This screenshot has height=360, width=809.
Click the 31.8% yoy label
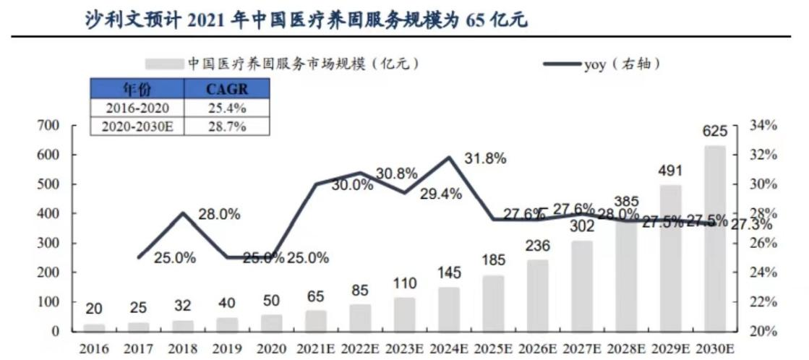point(485,159)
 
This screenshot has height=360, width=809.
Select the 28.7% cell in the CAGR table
point(227,126)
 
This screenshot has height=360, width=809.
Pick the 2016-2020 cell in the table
point(137,108)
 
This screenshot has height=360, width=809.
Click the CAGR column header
point(227,89)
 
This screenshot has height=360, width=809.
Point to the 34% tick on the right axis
point(762,125)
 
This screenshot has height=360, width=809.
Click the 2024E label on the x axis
point(448,349)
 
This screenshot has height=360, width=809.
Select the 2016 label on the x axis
point(94,349)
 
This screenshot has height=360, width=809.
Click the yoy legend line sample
point(562,64)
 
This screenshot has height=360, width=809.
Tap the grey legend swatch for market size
point(164,64)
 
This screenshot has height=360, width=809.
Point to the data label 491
point(671,171)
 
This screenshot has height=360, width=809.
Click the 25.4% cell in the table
point(227,108)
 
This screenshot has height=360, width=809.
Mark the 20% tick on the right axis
point(762,331)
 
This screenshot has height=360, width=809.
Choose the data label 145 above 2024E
point(448,274)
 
